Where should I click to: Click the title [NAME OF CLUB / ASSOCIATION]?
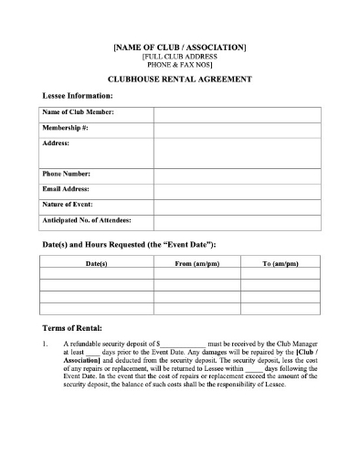(179, 47)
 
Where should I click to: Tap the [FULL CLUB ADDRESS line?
(179, 57)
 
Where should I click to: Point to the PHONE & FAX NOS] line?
(179, 66)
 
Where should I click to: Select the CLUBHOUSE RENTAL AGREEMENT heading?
(179, 79)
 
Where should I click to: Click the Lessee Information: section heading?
(78, 95)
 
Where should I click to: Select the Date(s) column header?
(96, 264)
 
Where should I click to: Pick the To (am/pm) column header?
(280, 264)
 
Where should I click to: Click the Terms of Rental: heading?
(73, 327)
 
